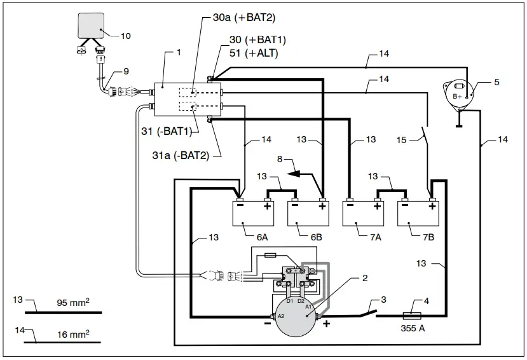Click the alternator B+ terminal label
point(457,96)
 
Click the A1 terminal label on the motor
point(308,306)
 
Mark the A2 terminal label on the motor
point(280,316)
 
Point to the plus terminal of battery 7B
point(432,205)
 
